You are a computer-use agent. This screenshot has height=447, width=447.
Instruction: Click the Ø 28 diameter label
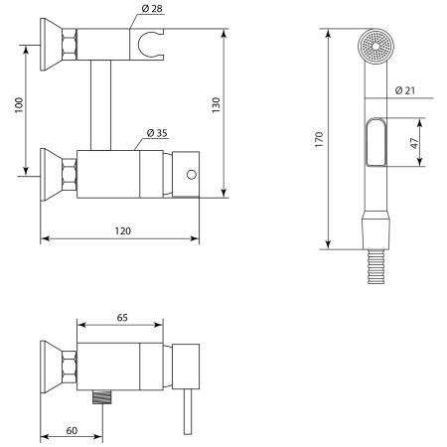152,9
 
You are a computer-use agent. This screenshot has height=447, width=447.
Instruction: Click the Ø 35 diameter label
157,133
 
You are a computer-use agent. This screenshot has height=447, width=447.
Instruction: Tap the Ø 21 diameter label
404,90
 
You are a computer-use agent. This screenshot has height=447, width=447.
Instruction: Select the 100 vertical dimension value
19,105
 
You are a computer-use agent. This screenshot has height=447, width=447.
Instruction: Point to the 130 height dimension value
216,105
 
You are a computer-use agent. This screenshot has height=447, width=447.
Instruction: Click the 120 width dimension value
123,230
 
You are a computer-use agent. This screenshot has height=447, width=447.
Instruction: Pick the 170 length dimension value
319,139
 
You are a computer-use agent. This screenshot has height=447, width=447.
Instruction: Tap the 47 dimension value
414,143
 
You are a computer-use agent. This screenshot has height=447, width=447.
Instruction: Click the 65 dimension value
122,318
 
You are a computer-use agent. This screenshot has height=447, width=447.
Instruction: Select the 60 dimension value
72,430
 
